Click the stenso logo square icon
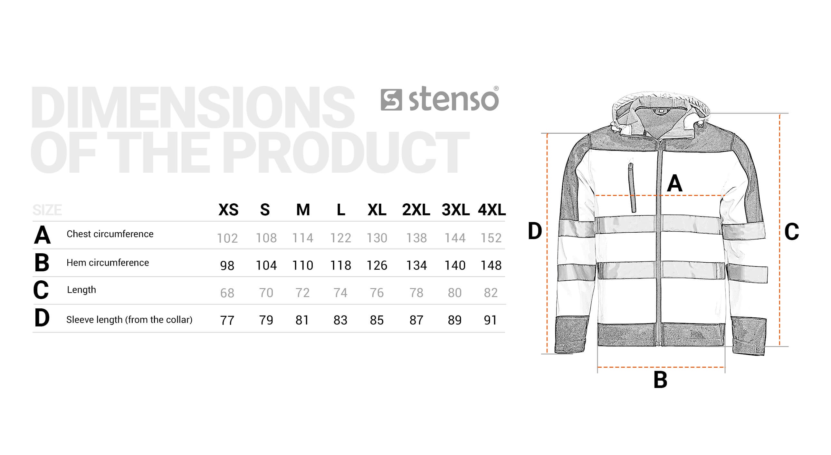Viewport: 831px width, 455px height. point(391,100)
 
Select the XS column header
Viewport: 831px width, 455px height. point(228,210)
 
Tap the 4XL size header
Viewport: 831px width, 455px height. point(492,210)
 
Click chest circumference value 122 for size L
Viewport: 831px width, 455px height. point(340,238)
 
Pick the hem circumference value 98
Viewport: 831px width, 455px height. point(227,266)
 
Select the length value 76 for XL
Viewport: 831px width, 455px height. point(377,293)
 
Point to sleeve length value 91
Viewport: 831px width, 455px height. point(490,320)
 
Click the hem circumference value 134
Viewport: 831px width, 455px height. point(416,266)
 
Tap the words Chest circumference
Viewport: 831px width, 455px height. point(110,234)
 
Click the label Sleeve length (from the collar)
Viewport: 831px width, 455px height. point(129,320)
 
